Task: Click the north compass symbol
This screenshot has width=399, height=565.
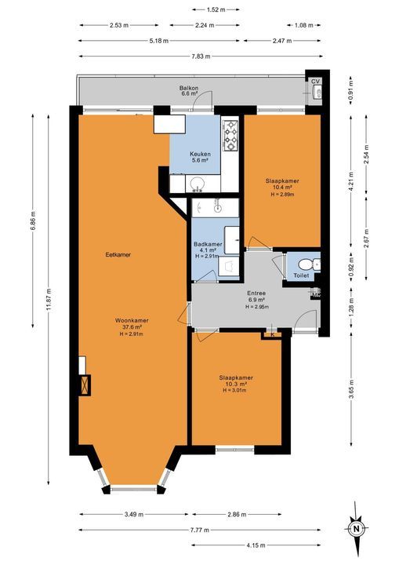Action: point(357,528)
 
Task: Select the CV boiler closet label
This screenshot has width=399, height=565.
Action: point(316,82)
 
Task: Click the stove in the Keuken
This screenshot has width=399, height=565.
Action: point(231,136)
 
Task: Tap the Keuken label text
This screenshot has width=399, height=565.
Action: point(199,154)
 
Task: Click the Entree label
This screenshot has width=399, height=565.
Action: point(256,294)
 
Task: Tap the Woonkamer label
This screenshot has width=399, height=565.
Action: point(132,321)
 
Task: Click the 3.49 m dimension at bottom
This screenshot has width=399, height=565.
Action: point(133,515)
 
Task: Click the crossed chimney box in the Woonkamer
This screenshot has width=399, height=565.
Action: point(84,385)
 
